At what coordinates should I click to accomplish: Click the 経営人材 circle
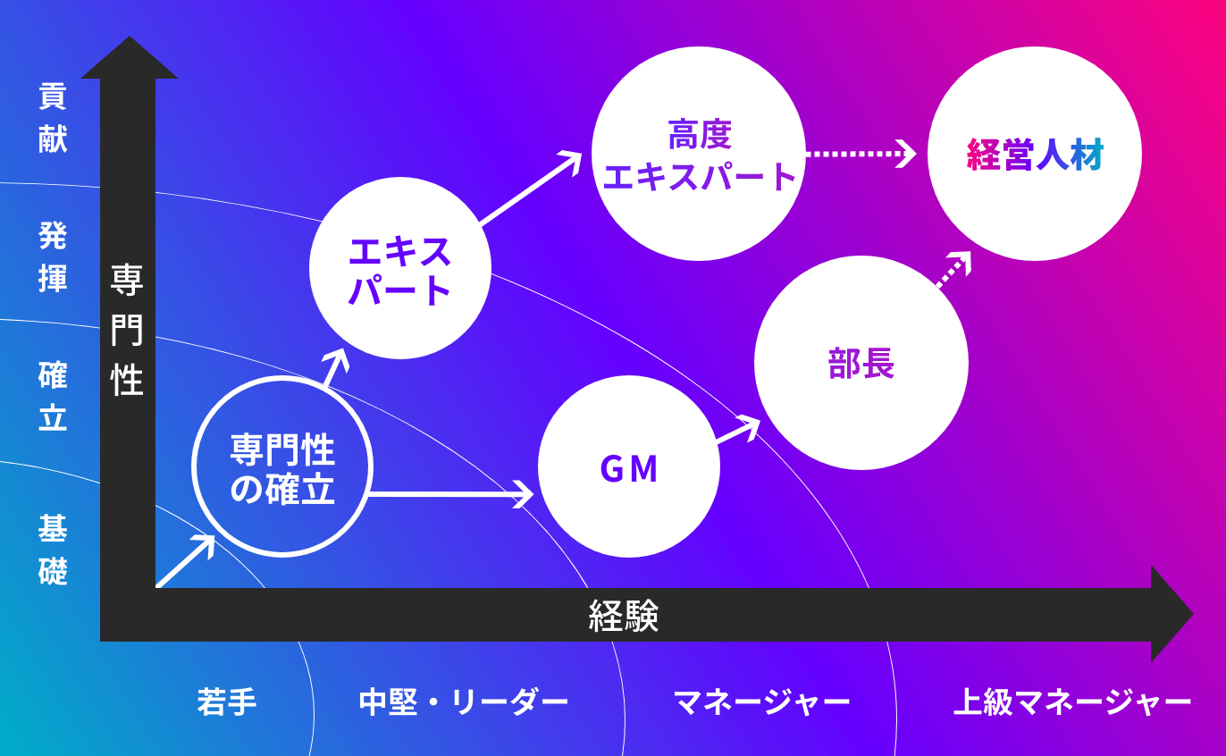1035,154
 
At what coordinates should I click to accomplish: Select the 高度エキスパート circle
699,154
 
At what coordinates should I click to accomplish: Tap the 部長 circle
861,363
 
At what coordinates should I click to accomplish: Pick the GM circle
629,468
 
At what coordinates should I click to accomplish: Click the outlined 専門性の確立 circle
282,466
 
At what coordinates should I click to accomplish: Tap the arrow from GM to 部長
738,431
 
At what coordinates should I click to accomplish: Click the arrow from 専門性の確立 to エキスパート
334,367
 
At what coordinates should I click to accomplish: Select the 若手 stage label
227,701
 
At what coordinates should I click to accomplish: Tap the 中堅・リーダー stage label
464,701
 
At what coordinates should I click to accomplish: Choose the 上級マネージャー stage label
1072,701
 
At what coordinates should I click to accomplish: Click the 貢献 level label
53,118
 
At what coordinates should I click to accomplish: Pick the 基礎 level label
53,550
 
